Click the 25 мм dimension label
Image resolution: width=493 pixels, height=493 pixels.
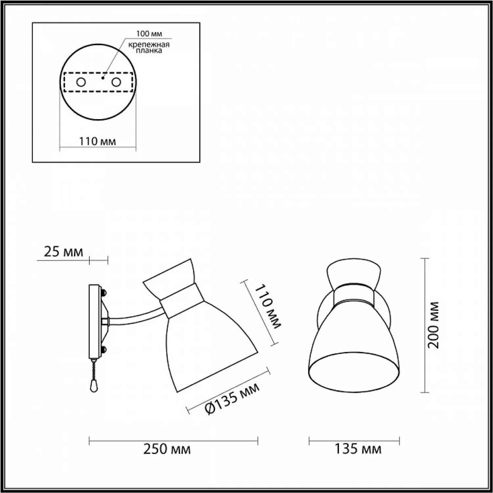[x=63, y=252]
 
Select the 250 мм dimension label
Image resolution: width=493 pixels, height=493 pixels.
[x=167, y=449]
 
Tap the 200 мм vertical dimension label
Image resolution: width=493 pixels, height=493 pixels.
[x=434, y=325]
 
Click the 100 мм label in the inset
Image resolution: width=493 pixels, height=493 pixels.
[x=149, y=34]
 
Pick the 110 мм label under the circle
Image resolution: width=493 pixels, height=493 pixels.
[x=98, y=141]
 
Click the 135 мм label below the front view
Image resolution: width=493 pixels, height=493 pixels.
[x=358, y=449]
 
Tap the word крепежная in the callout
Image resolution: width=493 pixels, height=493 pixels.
[x=149, y=45]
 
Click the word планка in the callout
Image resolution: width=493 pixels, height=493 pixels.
[x=149, y=51]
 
